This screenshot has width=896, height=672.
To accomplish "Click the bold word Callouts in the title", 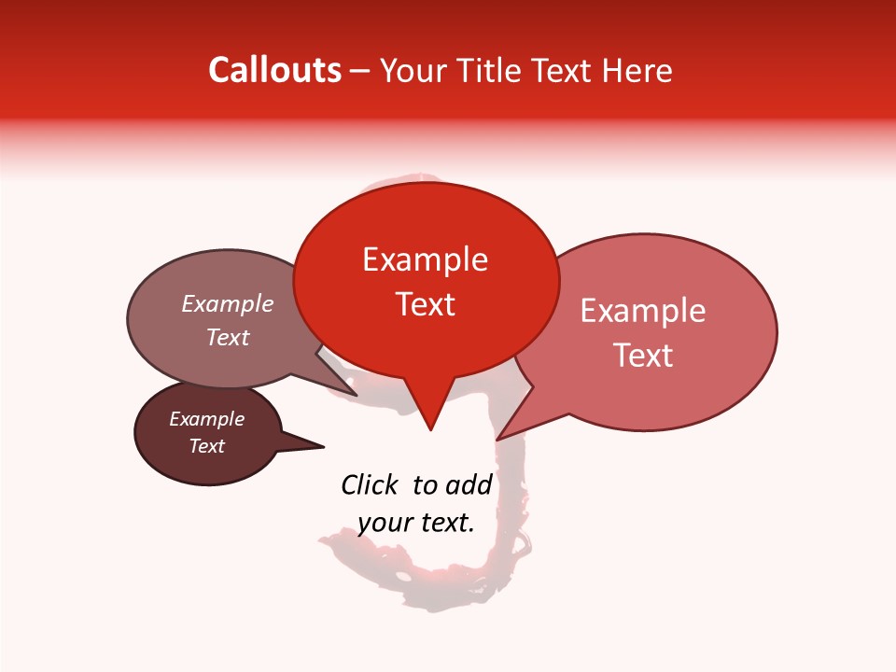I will pos(274,70).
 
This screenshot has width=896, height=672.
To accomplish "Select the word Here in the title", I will pos(637,71).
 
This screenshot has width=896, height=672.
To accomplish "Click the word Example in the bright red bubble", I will pos(425,259).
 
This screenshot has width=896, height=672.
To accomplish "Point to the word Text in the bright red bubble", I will pos(425,304).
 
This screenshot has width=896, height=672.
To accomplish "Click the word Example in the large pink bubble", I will pos(643,311).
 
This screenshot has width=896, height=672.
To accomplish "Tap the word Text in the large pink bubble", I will pos(643,356).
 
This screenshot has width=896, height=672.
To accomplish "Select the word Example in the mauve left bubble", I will pos(228,303).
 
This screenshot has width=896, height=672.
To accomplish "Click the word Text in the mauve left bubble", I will pos(228,337).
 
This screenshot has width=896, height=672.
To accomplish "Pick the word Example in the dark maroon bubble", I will pos(206,419).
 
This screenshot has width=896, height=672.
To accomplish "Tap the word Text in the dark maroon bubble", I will pos(206,446).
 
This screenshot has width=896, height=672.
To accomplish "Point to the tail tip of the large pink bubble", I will pos(498,439).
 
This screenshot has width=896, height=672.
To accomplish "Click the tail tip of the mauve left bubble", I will pos(357,395).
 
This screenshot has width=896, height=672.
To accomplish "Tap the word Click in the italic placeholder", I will pos(370,484).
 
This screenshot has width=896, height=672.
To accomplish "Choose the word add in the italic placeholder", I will pos(469,484).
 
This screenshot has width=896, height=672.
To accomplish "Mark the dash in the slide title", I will pos(361,71).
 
